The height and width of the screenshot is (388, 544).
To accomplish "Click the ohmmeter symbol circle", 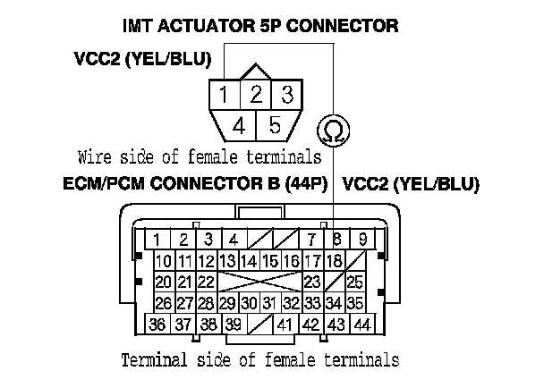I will click(332, 130).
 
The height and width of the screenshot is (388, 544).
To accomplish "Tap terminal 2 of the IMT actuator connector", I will click(255, 94).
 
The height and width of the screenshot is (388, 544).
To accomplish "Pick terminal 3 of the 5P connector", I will click(285, 94).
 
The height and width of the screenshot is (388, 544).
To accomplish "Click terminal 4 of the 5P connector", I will click(238, 125).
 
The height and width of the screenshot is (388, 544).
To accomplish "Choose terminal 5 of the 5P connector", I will click(275, 125).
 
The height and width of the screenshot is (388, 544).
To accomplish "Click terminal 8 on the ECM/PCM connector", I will click(336, 239).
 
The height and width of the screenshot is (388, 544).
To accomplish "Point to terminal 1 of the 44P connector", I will click(157, 239).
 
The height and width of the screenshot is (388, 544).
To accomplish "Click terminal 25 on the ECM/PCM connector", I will click(354, 283).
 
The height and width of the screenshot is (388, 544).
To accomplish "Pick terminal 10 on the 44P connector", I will click(164, 261).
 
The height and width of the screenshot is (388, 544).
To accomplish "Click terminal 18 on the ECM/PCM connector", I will click(334, 261).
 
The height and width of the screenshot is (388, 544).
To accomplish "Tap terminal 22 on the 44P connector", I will click(205, 283).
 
